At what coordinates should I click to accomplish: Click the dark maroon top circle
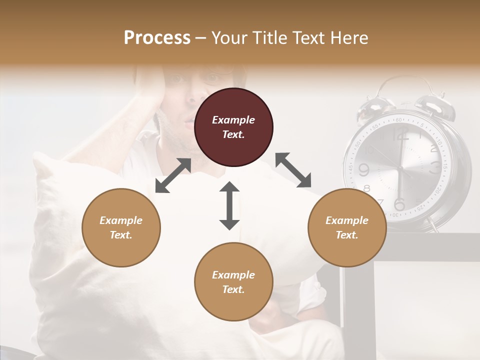(x=233, y=127)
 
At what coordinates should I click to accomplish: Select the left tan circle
(x=121, y=227)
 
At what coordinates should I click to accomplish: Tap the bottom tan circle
(x=233, y=282)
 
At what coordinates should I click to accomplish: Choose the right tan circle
(x=347, y=227)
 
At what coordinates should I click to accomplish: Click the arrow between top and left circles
(x=173, y=175)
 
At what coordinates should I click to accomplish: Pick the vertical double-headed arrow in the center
(x=229, y=205)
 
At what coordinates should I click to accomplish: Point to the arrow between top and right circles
(x=293, y=170)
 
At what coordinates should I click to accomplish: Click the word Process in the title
(x=157, y=38)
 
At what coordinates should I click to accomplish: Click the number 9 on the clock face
(x=363, y=170)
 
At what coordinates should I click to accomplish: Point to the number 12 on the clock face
(x=400, y=134)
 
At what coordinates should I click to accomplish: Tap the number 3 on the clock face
(x=436, y=166)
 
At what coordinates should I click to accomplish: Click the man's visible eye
(x=212, y=78)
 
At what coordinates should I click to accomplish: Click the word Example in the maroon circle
(x=233, y=120)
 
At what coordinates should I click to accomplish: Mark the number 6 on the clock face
(x=399, y=204)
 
